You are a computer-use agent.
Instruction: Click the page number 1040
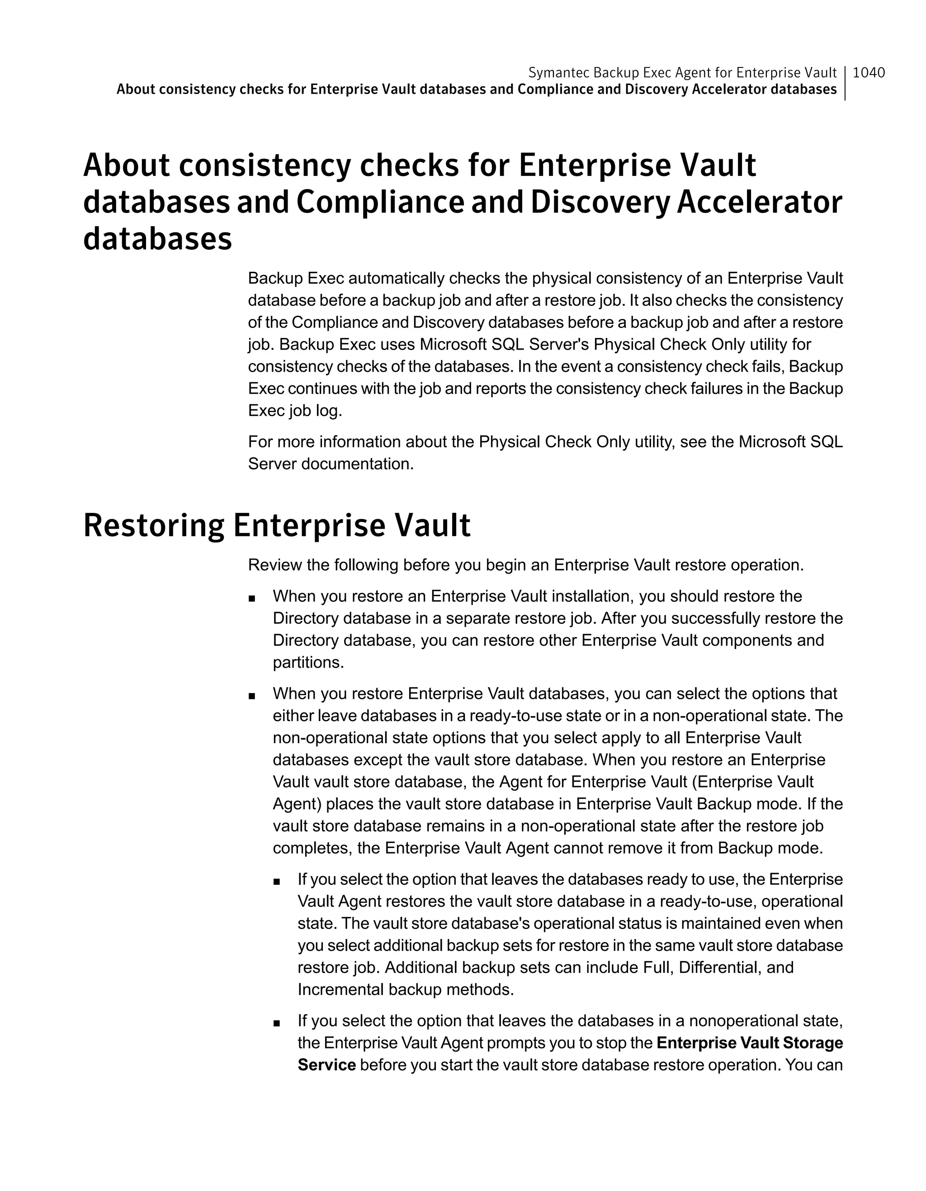(868, 72)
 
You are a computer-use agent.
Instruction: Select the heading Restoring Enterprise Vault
(276, 526)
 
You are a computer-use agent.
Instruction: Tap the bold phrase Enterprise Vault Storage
(749, 1043)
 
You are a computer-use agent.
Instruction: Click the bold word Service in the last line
(326, 1065)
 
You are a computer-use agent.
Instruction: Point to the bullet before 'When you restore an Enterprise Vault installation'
(251, 598)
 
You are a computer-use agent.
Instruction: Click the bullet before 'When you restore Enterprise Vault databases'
(251, 696)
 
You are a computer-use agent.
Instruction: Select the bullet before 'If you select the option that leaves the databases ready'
(276, 882)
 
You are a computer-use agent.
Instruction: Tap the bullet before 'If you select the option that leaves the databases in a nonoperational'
(276, 1024)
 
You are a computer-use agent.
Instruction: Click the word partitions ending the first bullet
(308, 663)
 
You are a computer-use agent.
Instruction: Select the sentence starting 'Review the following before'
(525, 565)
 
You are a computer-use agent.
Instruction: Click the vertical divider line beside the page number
(845, 83)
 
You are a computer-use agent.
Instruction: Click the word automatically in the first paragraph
(396, 279)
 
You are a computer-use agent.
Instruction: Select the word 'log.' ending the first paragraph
(329, 411)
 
